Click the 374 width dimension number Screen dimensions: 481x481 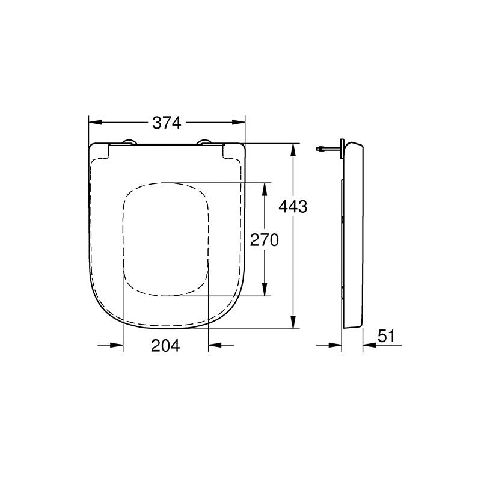pyautogui.click(x=167, y=123)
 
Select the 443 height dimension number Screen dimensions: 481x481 pyautogui.click(x=293, y=207)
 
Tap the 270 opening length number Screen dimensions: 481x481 pyautogui.click(x=265, y=240)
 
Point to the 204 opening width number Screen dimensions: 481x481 pyautogui.click(x=165, y=346)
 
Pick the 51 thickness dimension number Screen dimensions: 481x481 pyautogui.click(x=386, y=336)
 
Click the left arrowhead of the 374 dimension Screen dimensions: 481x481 pyautogui.click(x=95, y=123)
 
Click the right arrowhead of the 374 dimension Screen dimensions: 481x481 pyautogui.click(x=239, y=123)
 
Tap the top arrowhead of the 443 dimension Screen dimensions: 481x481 pyautogui.click(x=293, y=150)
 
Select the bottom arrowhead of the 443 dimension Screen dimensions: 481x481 pyautogui.click(x=293, y=322)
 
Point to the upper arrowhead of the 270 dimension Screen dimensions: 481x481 pyautogui.click(x=265, y=189)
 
